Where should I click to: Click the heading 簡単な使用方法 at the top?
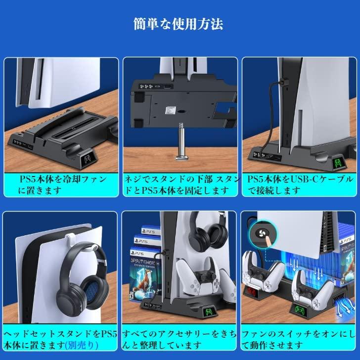click(180, 23)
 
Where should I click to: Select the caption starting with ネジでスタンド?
click(180, 183)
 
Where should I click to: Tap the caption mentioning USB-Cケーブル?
click(299, 183)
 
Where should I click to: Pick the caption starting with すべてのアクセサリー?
click(180, 337)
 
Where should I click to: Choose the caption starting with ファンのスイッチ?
click(299, 337)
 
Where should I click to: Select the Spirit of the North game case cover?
click(147, 292)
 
